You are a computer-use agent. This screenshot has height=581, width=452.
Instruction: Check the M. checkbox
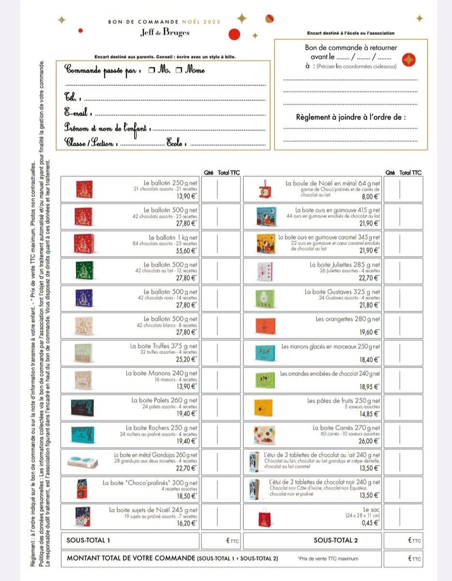(x=151, y=71)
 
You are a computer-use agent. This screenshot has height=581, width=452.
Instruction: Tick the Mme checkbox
(x=178, y=71)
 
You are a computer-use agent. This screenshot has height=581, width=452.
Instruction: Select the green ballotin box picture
(x=83, y=271)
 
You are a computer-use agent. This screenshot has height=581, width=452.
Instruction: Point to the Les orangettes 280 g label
(x=348, y=319)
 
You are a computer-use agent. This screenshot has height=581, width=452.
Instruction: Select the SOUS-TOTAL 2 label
(x=336, y=540)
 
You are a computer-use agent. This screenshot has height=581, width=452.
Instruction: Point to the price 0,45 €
(x=371, y=523)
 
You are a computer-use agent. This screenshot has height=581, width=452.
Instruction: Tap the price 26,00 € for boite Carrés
(x=370, y=441)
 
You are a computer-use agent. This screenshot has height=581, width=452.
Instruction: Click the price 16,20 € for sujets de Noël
(x=188, y=523)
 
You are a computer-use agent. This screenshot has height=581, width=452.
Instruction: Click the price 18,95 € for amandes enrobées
(x=370, y=387)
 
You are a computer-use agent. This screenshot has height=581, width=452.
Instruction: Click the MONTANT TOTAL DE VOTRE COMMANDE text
(x=130, y=558)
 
